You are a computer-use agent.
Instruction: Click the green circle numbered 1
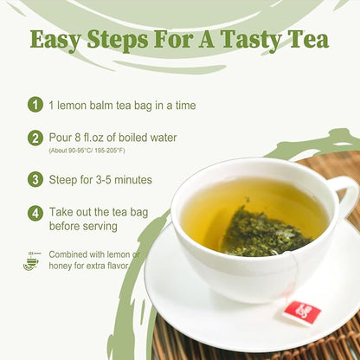point(35,105)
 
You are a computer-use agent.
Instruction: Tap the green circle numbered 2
point(35,138)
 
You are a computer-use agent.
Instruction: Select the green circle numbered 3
point(35,180)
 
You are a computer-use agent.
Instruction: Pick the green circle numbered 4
point(35,212)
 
